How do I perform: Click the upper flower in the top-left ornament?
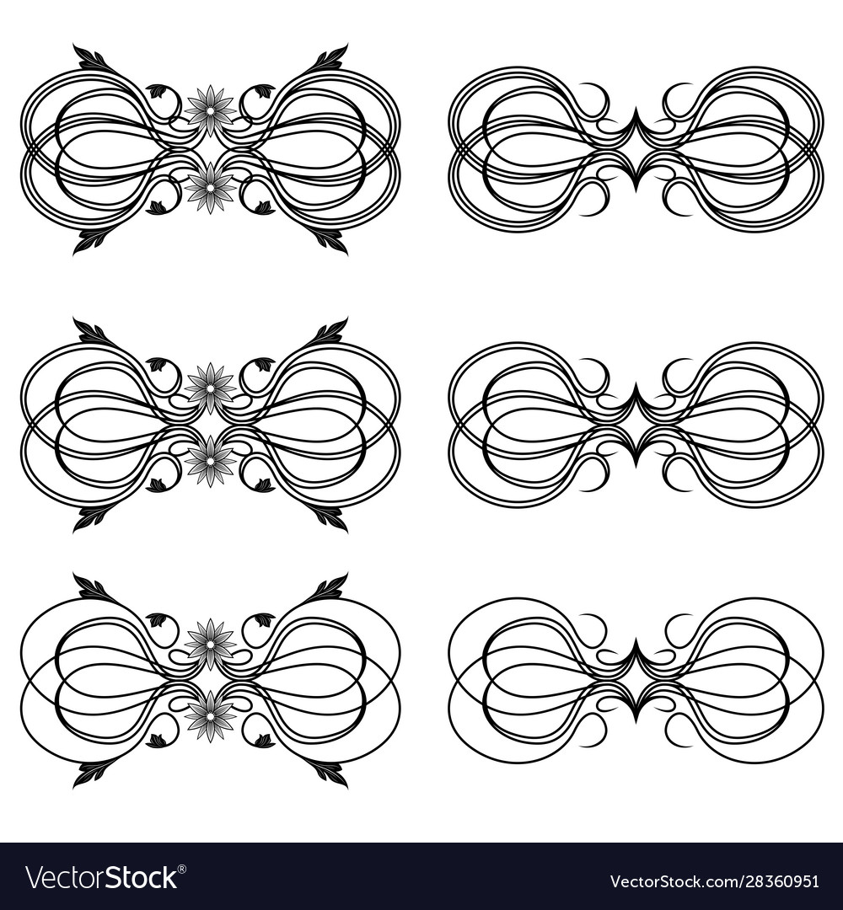210,110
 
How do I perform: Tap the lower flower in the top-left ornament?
210,187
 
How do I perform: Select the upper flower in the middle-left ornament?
210,388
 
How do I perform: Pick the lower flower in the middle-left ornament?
210,462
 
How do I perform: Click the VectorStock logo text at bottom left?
101,877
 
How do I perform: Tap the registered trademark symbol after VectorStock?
183,869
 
